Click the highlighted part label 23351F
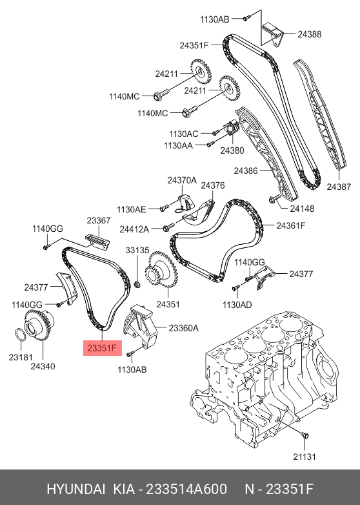click(x=102, y=348)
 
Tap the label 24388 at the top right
click(x=310, y=34)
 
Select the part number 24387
click(x=339, y=187)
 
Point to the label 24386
click(x=246, y=170)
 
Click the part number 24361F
click(x=290, y=225)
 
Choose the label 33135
click(x=137, y=251)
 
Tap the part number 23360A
click(x=184, y=328)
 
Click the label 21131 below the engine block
click(x=305, y=457)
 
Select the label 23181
click(x=21, y=357)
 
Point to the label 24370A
click(x=182, y=180)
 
